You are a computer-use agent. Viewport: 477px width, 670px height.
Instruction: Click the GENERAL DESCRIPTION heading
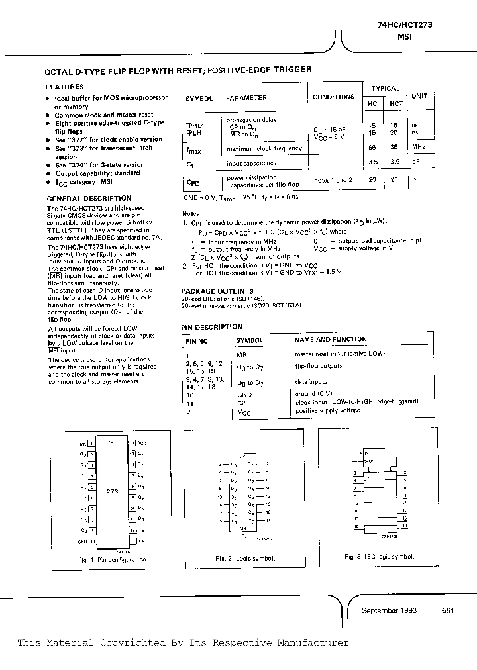pyautogui.click(x=89, y=198)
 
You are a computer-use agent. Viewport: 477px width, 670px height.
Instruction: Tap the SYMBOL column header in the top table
pyautogui.click(x=199, y=98)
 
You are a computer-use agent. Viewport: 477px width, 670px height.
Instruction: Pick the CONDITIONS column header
pyautogui.click(x=333, y=97)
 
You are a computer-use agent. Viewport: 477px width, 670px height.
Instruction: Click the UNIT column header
pyautogui.click(x=419, y=96)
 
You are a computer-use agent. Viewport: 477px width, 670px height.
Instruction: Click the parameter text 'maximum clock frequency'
pyautogui.click(x=264, y=148)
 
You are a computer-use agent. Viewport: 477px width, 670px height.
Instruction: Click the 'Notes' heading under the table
pyautogui.click(x=190, y=213)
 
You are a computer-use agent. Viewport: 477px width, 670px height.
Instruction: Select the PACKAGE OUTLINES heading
pyautogui.click(x=217, y=291)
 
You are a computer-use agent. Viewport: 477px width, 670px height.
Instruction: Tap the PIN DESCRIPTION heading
pyautogui.click(x=212, y=327)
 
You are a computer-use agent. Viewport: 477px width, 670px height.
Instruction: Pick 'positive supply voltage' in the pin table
pyautogui.click(x=328, y=411)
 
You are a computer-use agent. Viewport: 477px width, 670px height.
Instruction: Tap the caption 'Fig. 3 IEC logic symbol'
pyautogui.click(x=380, y=557)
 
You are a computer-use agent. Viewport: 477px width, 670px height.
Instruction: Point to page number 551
pyautogui.click(x=447, y=610)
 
